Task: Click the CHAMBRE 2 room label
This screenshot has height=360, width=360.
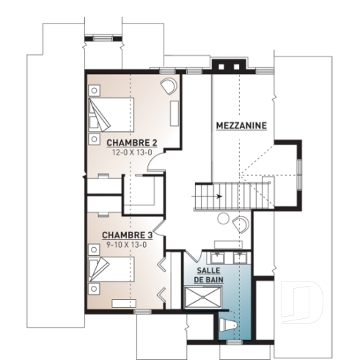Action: click(132, 142)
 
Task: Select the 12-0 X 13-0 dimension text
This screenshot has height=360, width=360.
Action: click(132, 153)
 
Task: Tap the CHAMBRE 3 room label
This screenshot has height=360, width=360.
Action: click(127, 235)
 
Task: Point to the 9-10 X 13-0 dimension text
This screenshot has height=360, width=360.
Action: click(127, 244)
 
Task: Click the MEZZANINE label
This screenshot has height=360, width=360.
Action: click(240, 125)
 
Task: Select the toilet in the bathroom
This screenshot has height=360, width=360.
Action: click(228, 323)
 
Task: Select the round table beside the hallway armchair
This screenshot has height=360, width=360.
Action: click(224, 217)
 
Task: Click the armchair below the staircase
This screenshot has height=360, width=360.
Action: click(240, 224)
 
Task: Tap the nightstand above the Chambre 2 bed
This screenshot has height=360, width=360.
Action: click(95, 90)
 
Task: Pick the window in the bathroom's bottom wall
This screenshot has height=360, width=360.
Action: click(234, 342)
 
